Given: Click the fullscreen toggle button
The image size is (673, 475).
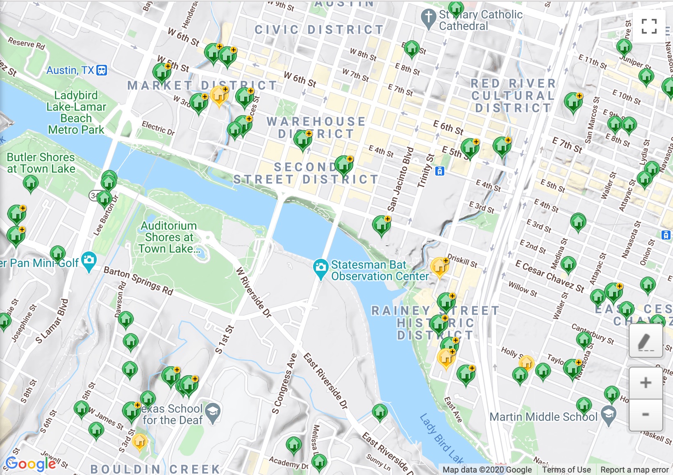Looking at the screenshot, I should [x=649, y=26].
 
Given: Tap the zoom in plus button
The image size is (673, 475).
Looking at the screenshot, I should [x=646, y=383].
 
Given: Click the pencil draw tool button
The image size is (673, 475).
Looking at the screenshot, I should [x=646, y=341].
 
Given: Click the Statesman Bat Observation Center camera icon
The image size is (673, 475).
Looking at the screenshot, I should [x=321, y=267].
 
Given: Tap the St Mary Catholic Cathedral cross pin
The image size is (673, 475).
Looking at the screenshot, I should [x=429, y=18].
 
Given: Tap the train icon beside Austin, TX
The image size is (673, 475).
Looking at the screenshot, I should [x=102, y=70].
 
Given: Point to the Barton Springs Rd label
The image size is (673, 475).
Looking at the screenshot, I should [x=138, y=281].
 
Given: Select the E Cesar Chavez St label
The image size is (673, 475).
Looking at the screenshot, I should [x=550, y=276].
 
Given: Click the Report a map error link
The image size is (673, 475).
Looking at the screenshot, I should [x=634, y=470].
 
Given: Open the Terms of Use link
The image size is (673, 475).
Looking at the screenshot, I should [x=566, y=470].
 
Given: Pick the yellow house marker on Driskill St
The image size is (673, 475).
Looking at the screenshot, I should [x=439, y=267].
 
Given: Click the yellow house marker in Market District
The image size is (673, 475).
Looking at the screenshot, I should [x=219, y=96].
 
